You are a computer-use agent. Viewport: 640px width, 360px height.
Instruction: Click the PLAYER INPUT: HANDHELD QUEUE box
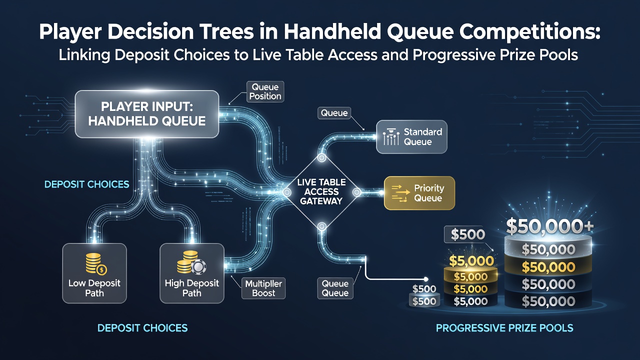click(x=147, y=114)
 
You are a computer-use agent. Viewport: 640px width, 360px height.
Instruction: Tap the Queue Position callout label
click(x=265, y=91)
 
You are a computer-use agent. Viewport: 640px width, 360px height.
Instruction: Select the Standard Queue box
click(x=411, y=137)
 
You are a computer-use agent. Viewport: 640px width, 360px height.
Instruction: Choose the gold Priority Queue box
click(x=419, y=193)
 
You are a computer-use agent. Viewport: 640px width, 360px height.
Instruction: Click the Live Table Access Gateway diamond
click(x=321, y=192)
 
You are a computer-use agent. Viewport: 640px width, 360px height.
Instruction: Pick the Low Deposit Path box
click(x=94, y=273)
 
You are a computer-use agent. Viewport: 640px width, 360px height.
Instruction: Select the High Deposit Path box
click(x=191, y=273)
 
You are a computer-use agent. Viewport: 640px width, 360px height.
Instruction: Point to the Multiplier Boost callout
click(x=263, y=288)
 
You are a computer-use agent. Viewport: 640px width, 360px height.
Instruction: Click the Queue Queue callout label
click(x=335, y=288)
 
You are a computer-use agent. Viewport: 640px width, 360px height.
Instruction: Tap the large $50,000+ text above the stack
click(x=549, y=226)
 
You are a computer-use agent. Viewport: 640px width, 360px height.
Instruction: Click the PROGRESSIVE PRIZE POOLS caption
click(x=504, y=327)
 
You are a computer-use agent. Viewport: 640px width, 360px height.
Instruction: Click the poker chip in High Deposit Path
click(x=198, y=267)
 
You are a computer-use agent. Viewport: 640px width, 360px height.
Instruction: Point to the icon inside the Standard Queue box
click(x=391, y=137)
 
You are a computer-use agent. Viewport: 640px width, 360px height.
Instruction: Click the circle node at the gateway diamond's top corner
click(x=321, y=157)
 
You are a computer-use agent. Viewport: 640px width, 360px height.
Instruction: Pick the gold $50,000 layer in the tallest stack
click(x=548, y=267)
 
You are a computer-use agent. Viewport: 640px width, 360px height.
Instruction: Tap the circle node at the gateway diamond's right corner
click(x=357, y=192)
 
